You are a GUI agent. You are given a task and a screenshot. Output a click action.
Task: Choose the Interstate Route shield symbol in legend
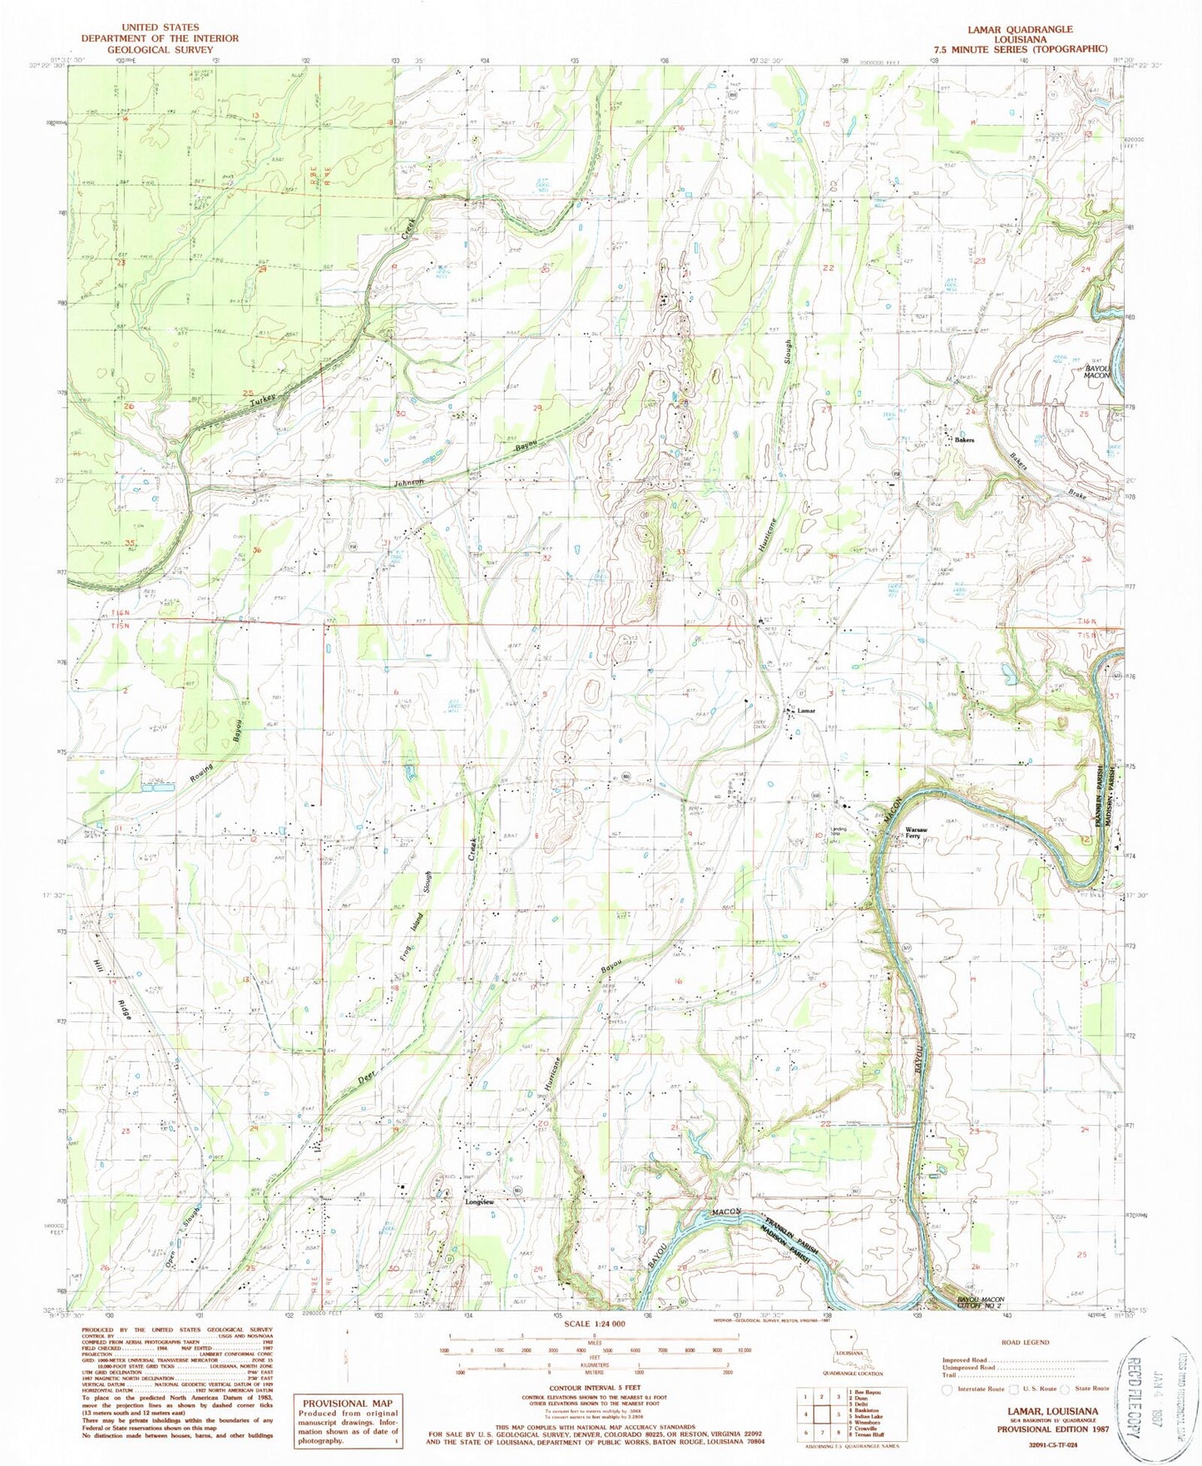pyautogui.click(x=947, y=1389)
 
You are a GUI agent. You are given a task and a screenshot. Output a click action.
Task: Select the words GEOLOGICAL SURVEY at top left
pyautogui.click(x=156, y=49)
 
